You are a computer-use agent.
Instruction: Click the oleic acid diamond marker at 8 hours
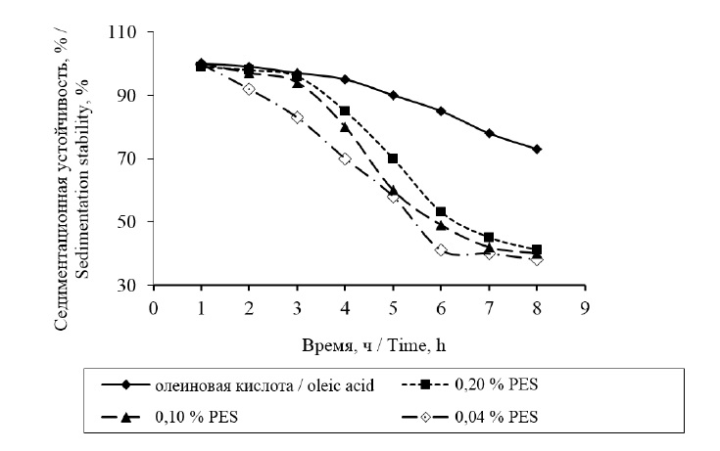tap(537, 149)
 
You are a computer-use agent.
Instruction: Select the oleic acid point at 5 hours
tap(393, 95)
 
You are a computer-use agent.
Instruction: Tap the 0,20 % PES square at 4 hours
tap(345, 111)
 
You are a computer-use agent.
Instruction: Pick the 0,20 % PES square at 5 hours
tap(393, 158)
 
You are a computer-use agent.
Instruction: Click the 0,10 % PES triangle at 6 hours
tap(441, 225)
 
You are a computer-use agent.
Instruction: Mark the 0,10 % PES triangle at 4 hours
tap(345, 127)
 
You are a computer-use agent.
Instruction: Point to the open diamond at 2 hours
tap(249, 89)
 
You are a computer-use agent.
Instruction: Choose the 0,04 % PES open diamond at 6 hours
tap(441, 250)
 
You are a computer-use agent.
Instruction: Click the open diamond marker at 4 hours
tap(345, 158)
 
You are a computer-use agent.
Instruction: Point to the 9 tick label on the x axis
tap(585, 305)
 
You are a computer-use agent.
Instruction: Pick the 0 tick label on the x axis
tap(153, 305)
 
